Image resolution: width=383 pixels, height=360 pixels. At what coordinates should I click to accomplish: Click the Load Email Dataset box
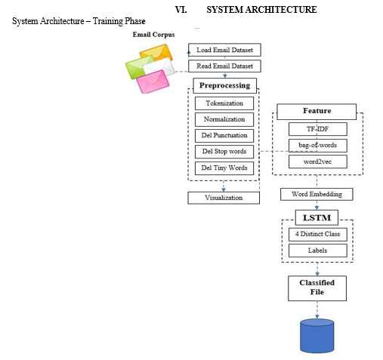(224, 50)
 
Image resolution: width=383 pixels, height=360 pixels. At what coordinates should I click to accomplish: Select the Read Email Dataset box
(224, 66)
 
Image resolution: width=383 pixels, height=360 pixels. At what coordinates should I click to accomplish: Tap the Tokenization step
(224, 103)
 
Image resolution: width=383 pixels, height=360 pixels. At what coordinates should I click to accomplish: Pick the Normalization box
(224, 119)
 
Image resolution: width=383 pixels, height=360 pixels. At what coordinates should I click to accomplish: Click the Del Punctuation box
(224, 135)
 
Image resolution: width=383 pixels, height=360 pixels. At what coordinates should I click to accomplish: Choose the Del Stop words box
(224, 152)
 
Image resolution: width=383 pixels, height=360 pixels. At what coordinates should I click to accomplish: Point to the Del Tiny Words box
(224, 168)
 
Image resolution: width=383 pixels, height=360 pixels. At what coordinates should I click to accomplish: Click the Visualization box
(224, 198)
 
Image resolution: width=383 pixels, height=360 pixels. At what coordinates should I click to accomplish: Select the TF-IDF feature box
(318, 129)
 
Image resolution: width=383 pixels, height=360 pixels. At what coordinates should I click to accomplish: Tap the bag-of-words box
(318, 146)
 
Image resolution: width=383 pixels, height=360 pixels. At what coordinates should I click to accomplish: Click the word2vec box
(318, 162)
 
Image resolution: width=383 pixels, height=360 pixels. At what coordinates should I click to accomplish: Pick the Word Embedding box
(317, 194)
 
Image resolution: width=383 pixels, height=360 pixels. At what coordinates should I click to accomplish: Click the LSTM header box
(317, 217)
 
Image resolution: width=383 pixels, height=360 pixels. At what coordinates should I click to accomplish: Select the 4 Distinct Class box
(318, 234)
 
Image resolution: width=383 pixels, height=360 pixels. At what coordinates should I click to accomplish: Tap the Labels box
(318, 251)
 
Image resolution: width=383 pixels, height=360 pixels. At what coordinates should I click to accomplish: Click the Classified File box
(317, 288)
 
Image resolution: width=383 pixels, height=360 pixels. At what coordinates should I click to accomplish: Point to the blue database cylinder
(317, 336)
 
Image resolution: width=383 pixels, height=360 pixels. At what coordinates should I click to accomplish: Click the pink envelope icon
(153, 82)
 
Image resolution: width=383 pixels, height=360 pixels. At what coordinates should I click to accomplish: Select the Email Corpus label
(153, 35)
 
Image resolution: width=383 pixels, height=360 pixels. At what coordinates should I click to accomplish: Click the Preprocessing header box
(225, 85)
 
